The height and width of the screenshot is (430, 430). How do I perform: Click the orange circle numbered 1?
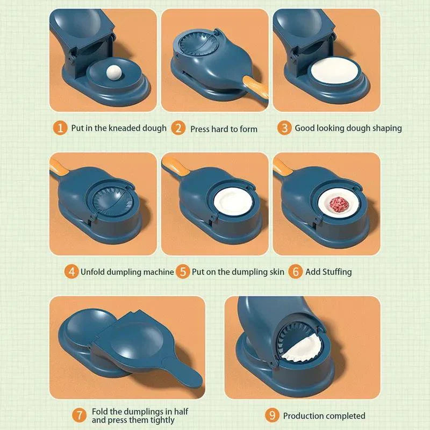point(61,128)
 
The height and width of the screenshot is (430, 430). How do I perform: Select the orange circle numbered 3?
point(284,128)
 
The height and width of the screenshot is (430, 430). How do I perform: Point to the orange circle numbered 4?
point(71,271)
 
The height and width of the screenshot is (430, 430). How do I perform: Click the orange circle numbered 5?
point(183,271)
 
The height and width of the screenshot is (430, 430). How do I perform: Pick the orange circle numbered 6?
point(296,271)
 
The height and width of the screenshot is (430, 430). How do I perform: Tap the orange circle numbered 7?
point(80,415)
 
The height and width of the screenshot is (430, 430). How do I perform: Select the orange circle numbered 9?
point(273,415)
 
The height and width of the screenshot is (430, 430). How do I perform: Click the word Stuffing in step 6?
point(336,272)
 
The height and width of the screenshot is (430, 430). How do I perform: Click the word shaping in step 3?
point(386,128)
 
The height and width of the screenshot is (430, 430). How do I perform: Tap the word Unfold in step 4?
point(94,272)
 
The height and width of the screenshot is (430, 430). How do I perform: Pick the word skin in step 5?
point(276,272)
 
